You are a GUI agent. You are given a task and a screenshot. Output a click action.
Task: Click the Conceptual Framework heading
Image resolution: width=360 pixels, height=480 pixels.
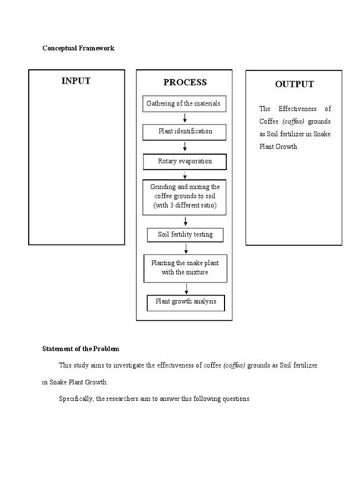pyautogui.click(x=78, y=48)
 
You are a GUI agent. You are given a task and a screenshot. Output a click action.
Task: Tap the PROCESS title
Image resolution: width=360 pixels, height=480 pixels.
pyautogui.click(x=185, y=82)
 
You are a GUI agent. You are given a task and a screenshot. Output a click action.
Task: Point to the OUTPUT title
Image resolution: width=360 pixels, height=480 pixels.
pyautogui.click(x=295, y=84)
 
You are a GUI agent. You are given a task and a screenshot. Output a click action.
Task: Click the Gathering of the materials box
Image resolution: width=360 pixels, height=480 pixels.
pyautogui.click(x=186, y=103)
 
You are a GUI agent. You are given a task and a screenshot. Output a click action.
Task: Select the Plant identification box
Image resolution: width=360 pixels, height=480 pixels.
pyautogui.click(x=186, y=131)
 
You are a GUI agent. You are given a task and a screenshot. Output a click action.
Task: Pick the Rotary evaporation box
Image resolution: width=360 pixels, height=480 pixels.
pyautogui.click(x=186, y=161)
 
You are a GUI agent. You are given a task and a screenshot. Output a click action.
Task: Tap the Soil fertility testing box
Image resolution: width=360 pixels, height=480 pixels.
pyautogui.click(x=186, y=235)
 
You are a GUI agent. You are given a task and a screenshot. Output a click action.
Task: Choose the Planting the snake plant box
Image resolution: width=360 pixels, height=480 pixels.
pyautogui.click(x=186, y=267)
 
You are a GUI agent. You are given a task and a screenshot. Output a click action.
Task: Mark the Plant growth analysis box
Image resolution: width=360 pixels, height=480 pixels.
pyautogui.click(x=186, y=302)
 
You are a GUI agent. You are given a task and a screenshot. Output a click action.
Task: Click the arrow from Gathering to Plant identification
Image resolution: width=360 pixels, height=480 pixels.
pyautogui.click(x=186, y=117)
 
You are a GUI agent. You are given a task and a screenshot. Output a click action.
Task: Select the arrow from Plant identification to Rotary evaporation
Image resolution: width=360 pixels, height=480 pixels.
pyautogui.click(x=186, y=147)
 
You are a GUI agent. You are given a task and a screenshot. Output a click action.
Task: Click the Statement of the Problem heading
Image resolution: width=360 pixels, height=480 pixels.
pyautogui.click(x=81, y=349)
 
